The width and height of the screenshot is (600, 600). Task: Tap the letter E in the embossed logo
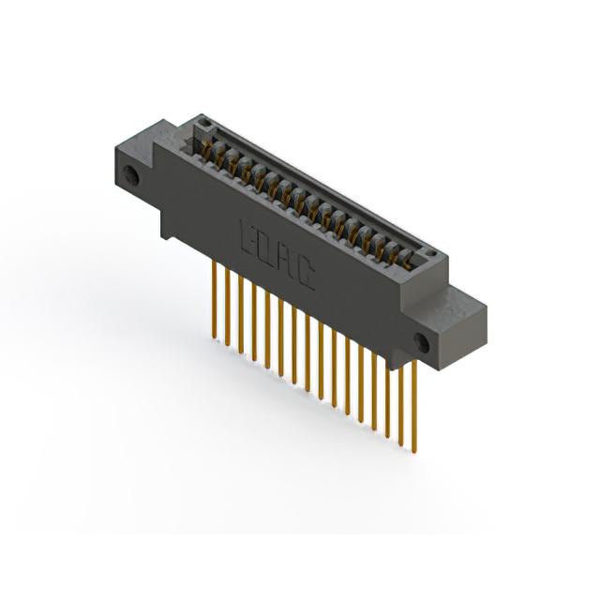point(249,234)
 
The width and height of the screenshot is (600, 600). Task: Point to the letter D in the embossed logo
point(266,246)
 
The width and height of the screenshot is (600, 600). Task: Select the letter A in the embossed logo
point(286,258)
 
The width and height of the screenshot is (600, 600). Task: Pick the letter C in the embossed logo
point(306,271)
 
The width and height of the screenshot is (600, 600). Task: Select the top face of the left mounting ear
point(141,141)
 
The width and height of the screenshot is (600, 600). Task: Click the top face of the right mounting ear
point(464,300)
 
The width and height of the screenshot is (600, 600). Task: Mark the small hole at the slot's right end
point(428,254)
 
